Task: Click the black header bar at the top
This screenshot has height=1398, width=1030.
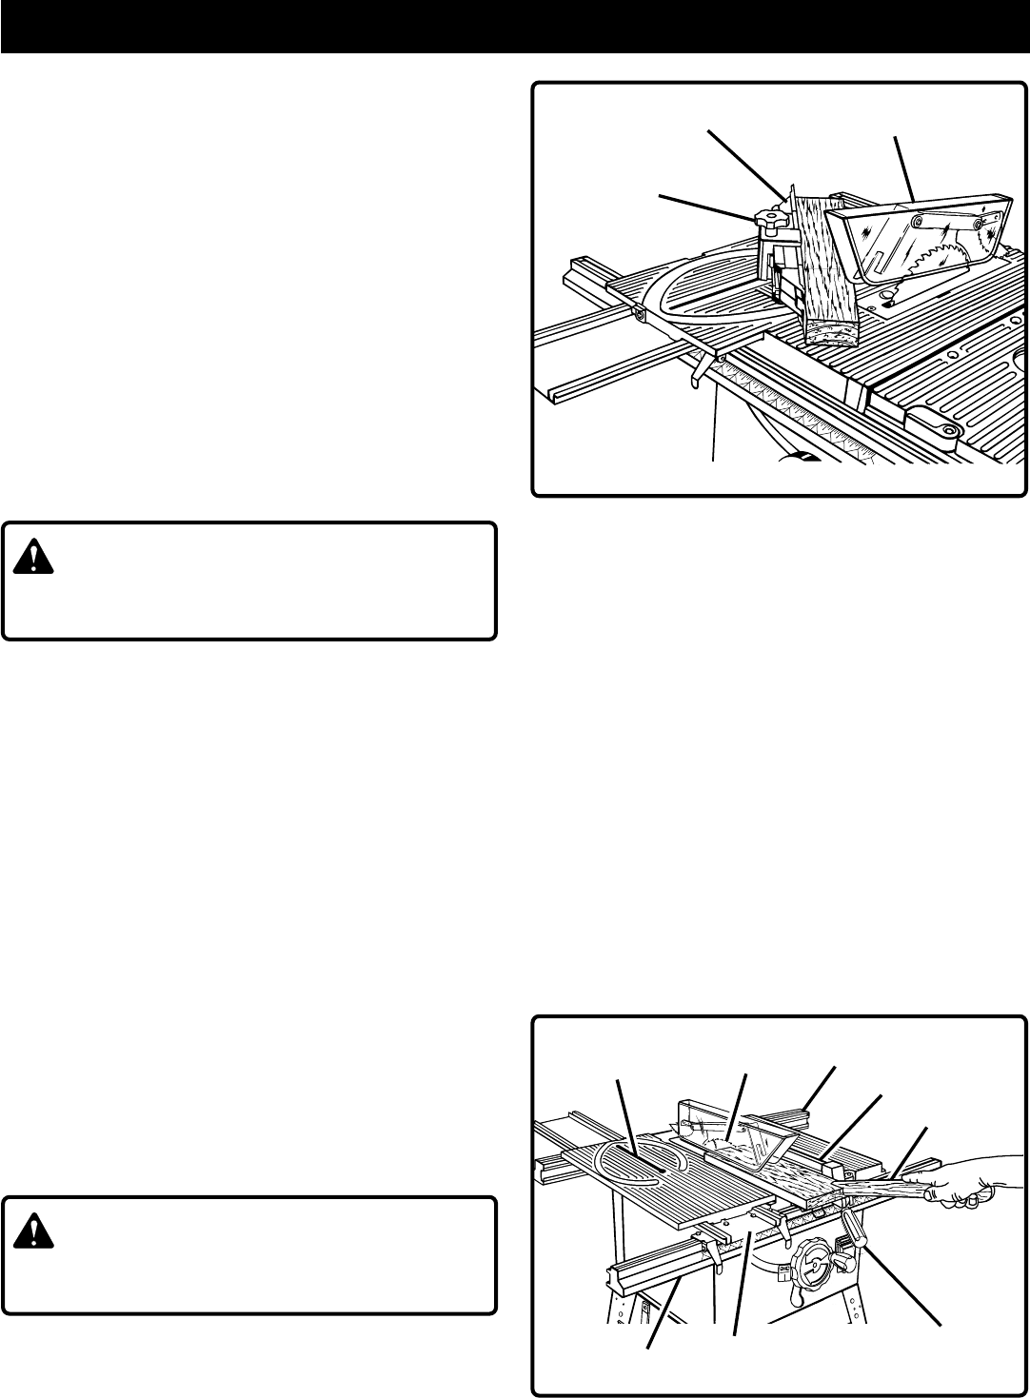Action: pyautogui.click(x=515, y=26)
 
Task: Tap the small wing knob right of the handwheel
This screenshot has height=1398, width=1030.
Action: pyautogui.click(x=842, y=1266)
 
